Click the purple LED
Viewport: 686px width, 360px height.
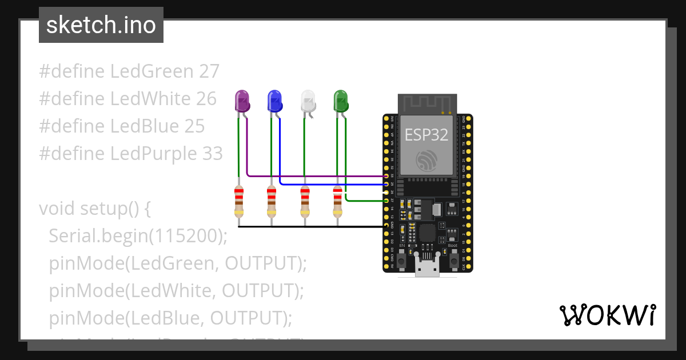[x=242, y=101]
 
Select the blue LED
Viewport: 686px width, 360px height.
[x=275, y=101]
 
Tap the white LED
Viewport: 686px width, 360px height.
[x=308, y=101]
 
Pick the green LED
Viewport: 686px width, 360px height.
[x=341, y=101]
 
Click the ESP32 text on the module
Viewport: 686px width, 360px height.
[x=426, y=134]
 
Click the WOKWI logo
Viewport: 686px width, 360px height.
[x=607, y=315]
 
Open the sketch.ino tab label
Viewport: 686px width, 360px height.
[x=101, y=25]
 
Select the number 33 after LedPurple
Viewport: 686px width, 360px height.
[x=212, y=154]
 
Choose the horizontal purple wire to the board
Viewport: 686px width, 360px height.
[x=314, y=177]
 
